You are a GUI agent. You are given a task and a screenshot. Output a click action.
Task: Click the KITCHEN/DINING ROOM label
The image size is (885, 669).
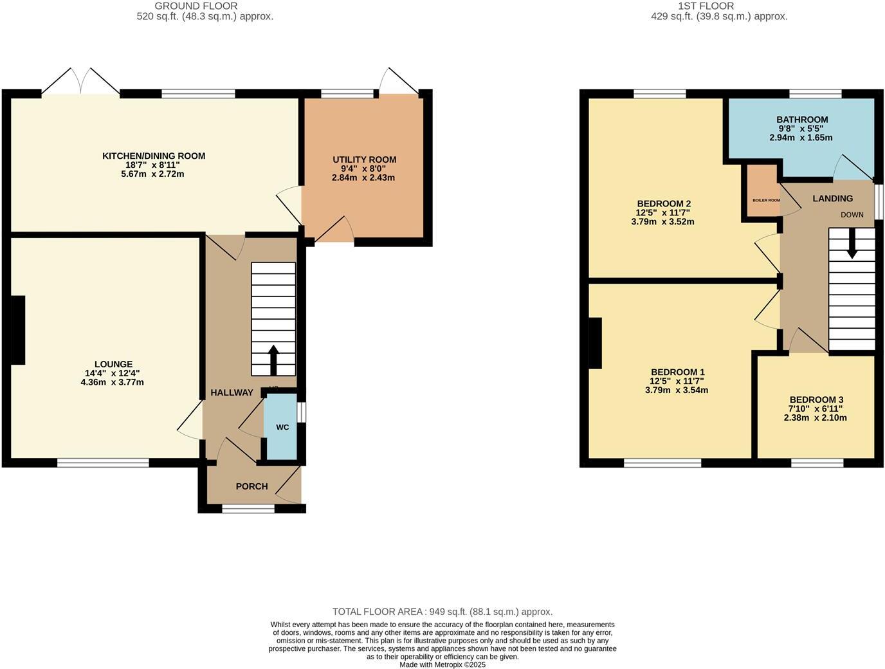(x=154, y=156)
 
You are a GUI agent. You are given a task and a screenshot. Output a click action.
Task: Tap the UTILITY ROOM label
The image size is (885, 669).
(x=364, y=160)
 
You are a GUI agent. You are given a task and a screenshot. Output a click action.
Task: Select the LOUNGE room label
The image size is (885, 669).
(x=113, y=364)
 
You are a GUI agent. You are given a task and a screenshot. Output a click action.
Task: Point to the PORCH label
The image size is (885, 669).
(x=251, y=486)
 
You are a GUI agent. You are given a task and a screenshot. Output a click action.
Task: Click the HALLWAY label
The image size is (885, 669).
(x=232, y=392)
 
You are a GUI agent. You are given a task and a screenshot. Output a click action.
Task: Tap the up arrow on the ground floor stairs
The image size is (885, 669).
(x=273, y=360)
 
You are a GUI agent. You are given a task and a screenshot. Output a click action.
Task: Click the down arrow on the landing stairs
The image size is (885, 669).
(x=852, y=245)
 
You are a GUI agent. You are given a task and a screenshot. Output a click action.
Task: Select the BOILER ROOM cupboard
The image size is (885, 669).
(x=762, y=194)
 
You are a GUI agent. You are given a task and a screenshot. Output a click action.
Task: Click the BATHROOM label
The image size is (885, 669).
(x=801, y=120)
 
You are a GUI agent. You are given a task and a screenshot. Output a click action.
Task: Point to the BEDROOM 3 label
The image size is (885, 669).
(x=816, y=399)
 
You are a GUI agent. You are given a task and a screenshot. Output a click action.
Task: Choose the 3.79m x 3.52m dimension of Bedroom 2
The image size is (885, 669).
(x=662, y=222)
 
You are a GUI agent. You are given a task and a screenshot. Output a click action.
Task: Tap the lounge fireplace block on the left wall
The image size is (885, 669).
(x=18, y=330)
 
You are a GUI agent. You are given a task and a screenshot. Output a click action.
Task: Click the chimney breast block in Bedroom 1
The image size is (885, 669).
(x=595, y=344)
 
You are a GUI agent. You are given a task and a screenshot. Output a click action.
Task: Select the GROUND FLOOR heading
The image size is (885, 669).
(x=205, y=6)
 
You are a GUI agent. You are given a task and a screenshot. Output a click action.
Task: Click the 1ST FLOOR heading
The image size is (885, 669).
(x=718, y=6)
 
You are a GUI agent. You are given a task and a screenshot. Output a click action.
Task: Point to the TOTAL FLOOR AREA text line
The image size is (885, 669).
(x=442, y=612)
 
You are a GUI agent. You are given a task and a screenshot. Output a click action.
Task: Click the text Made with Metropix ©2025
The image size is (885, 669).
(x=442, y=664)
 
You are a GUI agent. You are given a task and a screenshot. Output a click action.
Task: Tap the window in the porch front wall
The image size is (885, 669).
(x=248, y=509)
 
